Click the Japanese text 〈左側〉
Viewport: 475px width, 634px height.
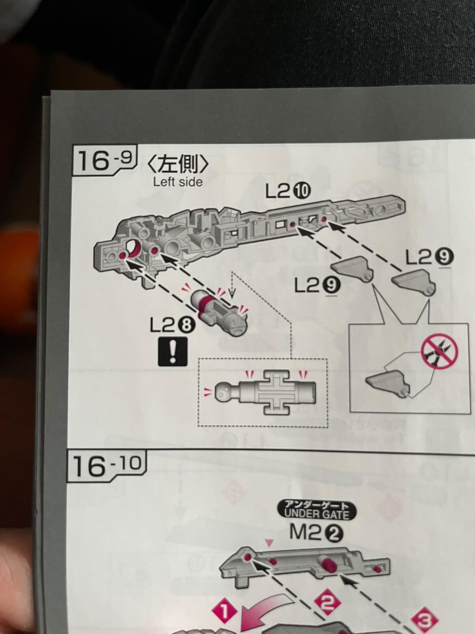(x=178, y=164)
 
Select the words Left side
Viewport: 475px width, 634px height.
(x=178, y=182)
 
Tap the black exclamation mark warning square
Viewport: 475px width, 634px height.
(x=173, y=352)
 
